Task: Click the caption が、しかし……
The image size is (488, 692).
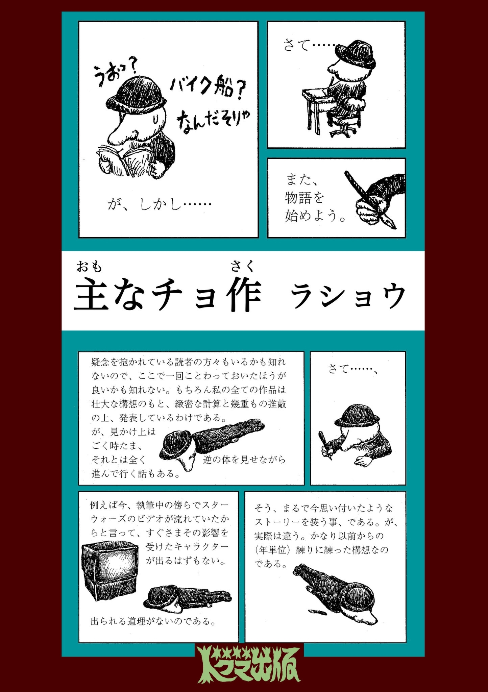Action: [x=159, y=204]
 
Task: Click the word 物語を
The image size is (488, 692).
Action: [x=304, y=198]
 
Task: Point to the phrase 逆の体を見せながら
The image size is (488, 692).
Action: [x=244, y=460]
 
